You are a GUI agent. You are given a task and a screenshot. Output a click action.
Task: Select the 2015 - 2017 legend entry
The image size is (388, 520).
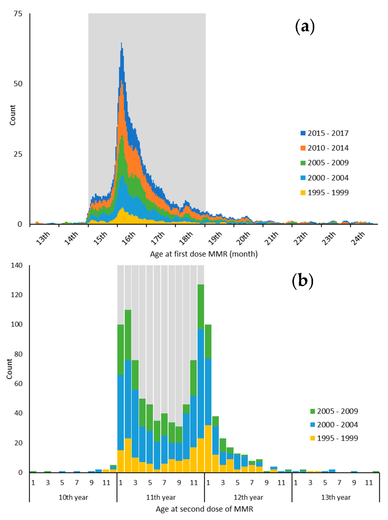[325, 133]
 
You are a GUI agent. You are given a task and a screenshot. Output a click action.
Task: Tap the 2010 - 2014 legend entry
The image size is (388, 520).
[325, 148]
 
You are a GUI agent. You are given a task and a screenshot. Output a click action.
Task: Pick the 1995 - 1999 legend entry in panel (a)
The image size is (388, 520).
[325, 193]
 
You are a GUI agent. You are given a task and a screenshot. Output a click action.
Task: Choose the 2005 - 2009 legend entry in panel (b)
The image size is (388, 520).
[334, 411]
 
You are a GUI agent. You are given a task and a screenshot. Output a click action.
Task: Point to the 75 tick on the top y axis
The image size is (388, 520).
[18, 14]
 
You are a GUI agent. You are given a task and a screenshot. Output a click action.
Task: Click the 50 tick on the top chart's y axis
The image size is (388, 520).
[18, 84]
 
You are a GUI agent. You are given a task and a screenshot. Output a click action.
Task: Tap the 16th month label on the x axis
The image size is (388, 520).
[129, 238]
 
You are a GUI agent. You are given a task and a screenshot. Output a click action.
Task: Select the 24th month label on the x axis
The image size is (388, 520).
[358, 238]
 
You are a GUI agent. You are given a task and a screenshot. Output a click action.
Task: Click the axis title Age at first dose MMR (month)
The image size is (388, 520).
[204, 254]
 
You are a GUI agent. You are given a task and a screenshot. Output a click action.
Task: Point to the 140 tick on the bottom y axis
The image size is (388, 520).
[17, 265]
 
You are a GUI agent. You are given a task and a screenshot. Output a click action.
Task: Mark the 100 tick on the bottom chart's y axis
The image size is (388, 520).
[17, 324]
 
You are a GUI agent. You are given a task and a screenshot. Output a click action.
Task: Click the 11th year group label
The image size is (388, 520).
[161, 497]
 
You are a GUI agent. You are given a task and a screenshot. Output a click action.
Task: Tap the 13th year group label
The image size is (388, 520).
[336, 497]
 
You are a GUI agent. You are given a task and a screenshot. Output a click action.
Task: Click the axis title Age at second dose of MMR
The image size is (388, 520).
[204, 509]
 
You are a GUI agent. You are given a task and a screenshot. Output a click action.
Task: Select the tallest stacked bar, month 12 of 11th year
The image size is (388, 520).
[201, 378]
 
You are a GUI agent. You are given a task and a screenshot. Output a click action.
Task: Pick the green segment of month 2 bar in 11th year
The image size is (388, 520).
[128, 335]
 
